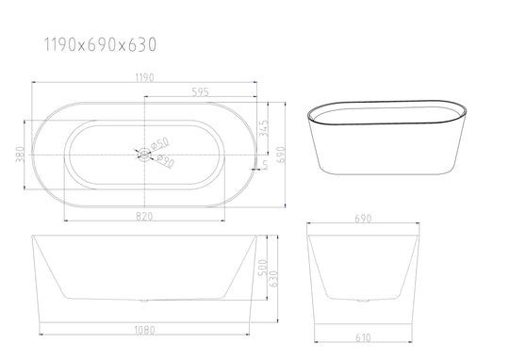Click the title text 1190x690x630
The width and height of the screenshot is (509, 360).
tap(100, 44)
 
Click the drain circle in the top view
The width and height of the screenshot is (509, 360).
tap(144, 152)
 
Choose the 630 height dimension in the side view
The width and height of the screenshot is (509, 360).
tap(274, 279)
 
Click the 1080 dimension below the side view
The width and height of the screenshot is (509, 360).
tap(144, 331)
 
